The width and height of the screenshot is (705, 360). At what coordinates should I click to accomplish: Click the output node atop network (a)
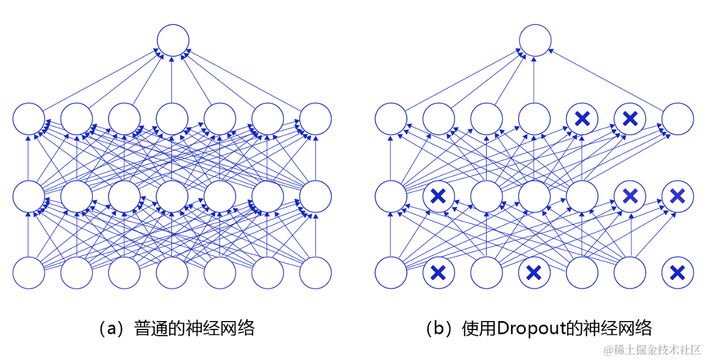pos(173,40)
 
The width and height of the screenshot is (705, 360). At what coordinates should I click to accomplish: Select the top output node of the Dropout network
pos(535,40)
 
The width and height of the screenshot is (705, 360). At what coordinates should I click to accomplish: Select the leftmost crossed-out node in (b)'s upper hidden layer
pos(582,118)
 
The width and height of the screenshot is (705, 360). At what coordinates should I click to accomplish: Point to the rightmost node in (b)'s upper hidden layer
pos(678,118)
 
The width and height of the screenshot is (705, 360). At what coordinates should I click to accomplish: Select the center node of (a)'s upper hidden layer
pos(173,118)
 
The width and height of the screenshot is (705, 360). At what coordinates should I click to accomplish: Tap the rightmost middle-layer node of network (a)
pos(315,196)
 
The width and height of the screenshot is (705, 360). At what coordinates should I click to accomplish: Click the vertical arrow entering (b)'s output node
pos(535,79)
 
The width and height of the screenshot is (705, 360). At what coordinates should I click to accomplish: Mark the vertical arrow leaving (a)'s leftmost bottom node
pos(29,234)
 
